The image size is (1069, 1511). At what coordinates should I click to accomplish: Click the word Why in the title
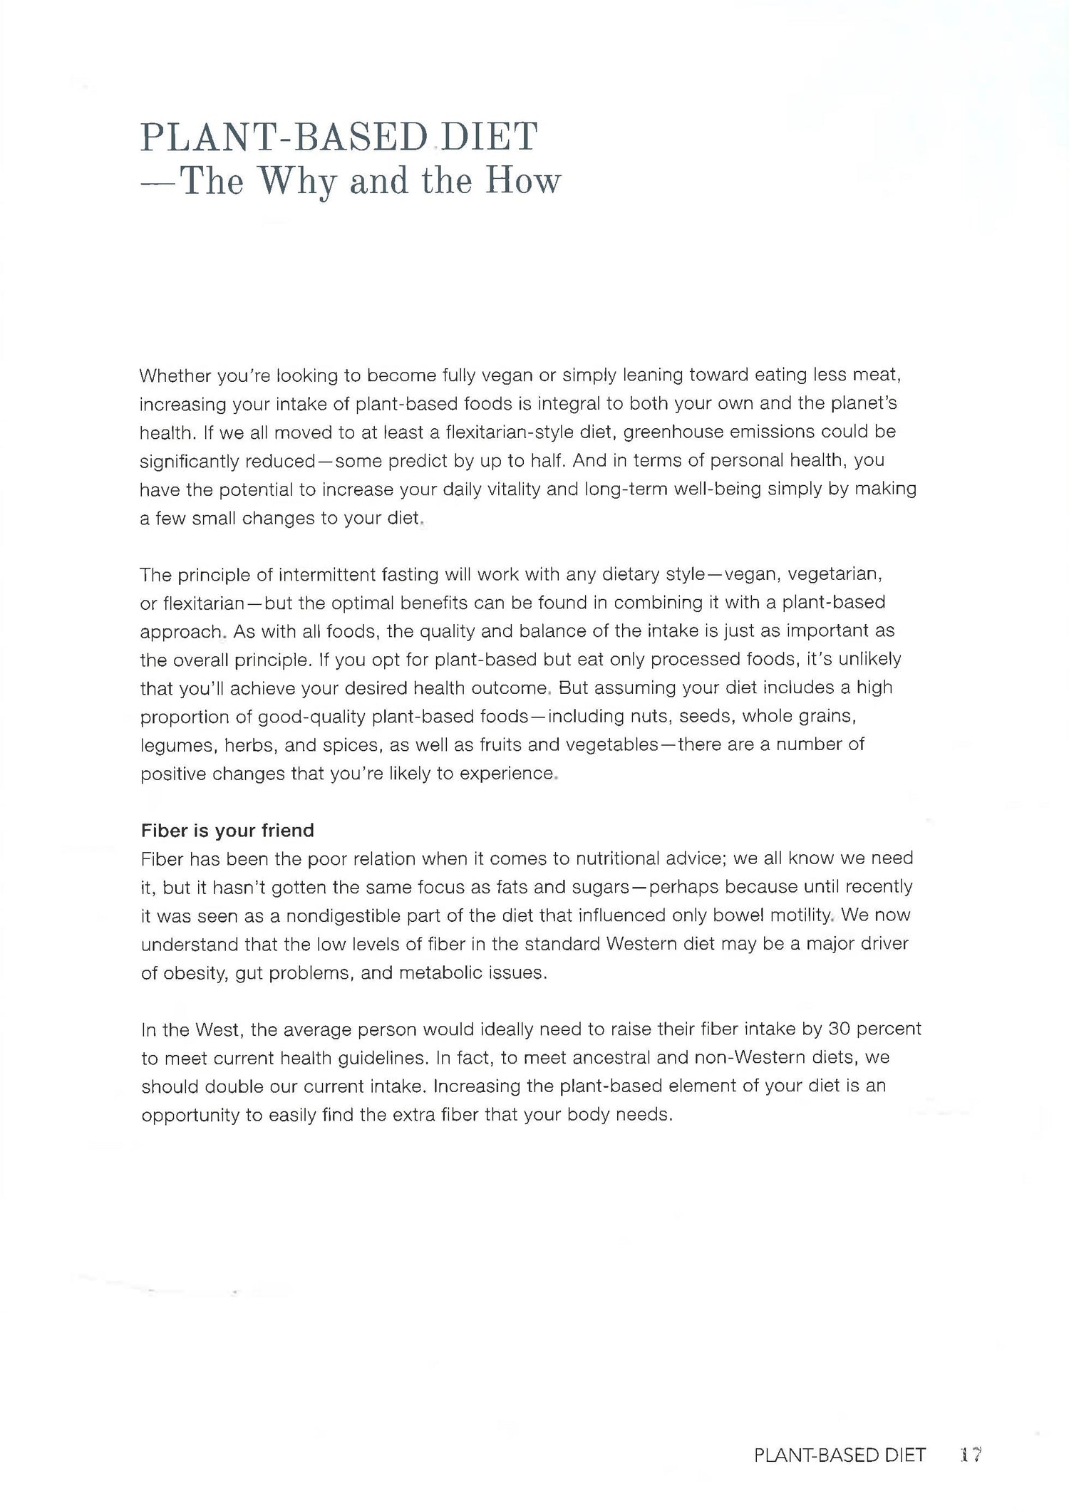coord(298,181)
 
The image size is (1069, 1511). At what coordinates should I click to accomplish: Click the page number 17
coord(971,1455)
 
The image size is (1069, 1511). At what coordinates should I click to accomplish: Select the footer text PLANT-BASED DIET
coord(840,1455)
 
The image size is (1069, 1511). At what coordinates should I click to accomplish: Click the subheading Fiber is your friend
coord(227,830)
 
